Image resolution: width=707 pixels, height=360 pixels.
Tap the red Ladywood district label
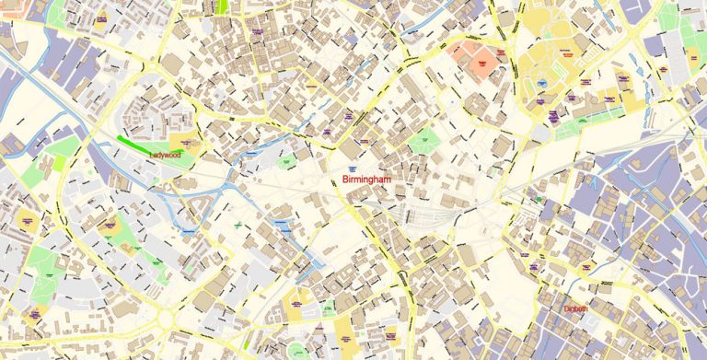point(166,156)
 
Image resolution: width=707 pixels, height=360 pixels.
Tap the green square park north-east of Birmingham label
point(424,141)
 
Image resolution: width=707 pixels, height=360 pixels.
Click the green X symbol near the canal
point(237,224)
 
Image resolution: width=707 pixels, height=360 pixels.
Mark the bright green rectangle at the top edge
point(222,6)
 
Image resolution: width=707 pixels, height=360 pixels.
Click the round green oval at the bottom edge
point(296,351)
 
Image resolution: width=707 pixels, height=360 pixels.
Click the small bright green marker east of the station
point(539,198)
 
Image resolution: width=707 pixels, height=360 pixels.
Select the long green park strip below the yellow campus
point(589,121)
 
